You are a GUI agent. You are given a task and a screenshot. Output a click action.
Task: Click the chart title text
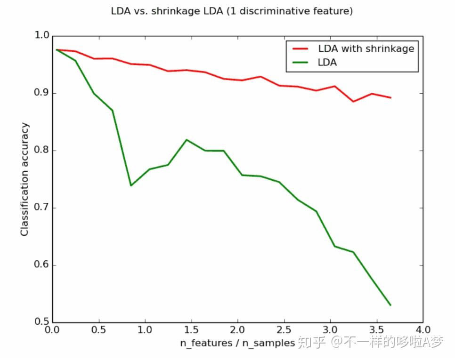pyautogui.click(x=232, y=11)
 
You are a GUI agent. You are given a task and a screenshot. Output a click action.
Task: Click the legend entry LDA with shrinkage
pyautogui.click(x=366, y=48)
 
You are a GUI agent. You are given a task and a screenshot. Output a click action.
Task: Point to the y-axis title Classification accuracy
pyautogui.click(x=24, y=179)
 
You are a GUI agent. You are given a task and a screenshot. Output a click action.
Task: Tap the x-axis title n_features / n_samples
pyautogui.click(x=237, y=343)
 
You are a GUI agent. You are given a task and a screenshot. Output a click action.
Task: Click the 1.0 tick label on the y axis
pyautogui.click(x=42, y=36)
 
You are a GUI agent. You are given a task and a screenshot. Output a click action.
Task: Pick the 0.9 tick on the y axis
pyautogui.click(x=42, y=94)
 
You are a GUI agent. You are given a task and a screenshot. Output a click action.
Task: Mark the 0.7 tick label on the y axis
pyautogui.click(x=42, y=208)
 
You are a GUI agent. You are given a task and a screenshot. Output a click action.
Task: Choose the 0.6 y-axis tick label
pyautogui.click(x=42, y=265)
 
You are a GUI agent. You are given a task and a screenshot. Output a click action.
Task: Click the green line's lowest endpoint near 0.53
pyautogui.click(x=390, y=305)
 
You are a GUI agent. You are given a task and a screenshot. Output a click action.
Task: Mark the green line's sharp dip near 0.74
pyautogui.click(x=130, y=185)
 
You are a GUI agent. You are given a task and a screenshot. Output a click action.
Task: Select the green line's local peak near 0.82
pyautogui.click(x=187, y=140)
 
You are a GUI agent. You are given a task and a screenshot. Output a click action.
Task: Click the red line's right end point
pyautogui.click(x=390, y=97)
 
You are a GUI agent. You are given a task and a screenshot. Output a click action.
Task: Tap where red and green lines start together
pyautogui.click(x=57, y=49)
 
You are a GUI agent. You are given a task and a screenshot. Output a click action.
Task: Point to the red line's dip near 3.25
pyautogui.click(x=353, y=101)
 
